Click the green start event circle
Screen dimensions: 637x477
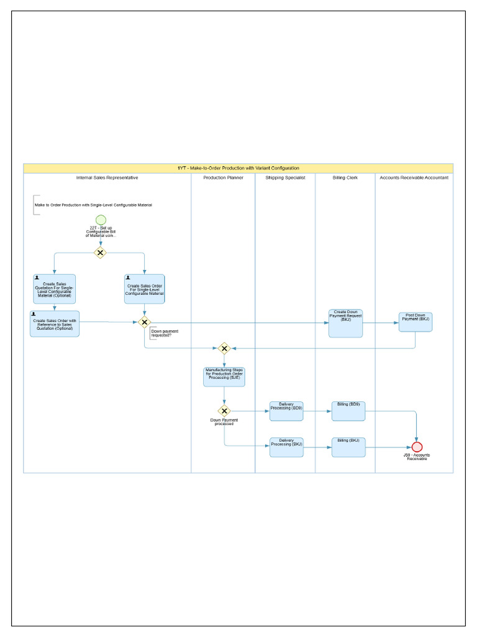tap(101, 220)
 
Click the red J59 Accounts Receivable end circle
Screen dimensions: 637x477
tap(417, 447)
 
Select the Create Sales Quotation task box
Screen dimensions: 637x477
tap(54, 289)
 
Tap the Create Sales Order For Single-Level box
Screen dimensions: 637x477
tap(144, 289)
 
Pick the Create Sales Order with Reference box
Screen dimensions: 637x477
tap(55, 323)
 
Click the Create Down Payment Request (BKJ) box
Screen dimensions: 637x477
tap(345, 323)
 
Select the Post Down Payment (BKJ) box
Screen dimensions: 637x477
tap(415, 322)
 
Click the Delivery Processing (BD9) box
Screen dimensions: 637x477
tap(286, 411)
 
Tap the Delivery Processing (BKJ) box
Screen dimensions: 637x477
tap(286, 447)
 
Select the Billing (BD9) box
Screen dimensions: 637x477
tap(348, 411)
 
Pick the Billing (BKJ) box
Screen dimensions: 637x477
tap(348, 447)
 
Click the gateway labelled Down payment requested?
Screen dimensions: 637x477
tap(144, 322)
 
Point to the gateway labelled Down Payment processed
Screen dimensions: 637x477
tap(224, 411)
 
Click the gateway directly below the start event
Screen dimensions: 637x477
tap(99, 253)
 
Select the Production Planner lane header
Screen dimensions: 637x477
tap(223, 178)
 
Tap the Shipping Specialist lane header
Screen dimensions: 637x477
tap(285, 178)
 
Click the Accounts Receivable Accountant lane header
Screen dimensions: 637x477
tap(414, 178)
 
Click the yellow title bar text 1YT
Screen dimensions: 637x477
tap(238, 168)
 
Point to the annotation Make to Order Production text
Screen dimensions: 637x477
tap(93, 205)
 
